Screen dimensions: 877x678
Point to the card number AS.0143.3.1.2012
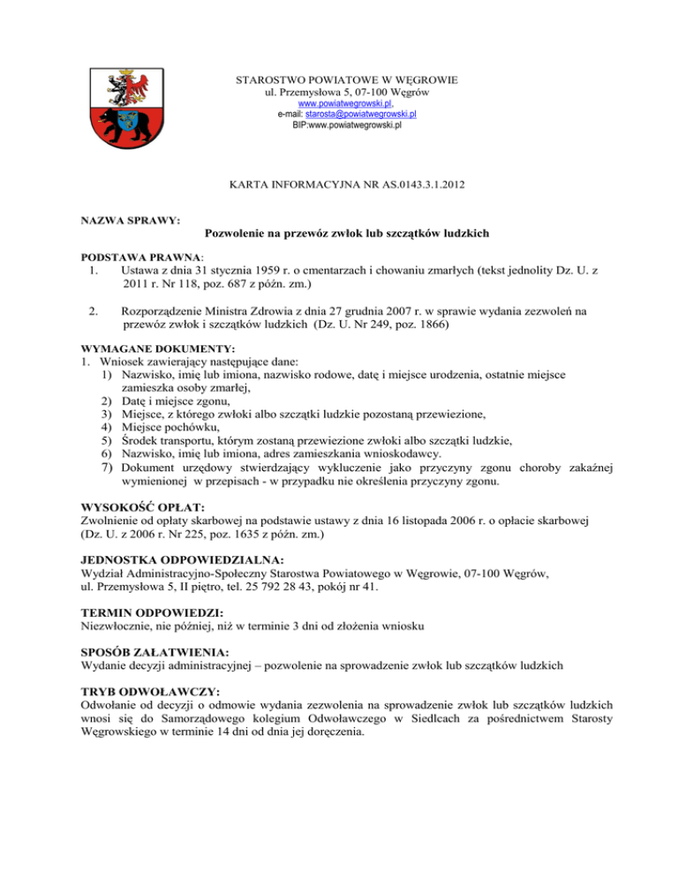[x=407, y=186]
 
